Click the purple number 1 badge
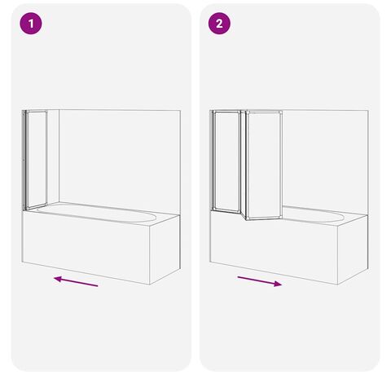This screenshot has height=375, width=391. (31, 24)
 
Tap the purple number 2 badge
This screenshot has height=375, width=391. (219, 24)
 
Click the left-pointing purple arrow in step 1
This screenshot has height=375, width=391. (76, 281)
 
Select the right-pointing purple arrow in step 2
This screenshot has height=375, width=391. (260, 281)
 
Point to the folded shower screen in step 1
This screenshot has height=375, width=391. (35, 160)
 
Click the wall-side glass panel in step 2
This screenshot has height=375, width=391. (226, 161)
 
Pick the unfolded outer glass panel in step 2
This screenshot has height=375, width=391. (264, 165)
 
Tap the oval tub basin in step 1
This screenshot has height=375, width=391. (96, 213)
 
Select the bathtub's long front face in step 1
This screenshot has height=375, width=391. (86, 248)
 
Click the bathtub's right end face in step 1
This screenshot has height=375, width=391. (165, 249)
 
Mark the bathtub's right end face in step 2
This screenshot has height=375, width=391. (353, 249)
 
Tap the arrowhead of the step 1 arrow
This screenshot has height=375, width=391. (58, 279)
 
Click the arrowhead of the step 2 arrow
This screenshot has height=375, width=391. (278, 284)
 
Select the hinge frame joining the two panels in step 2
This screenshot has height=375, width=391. (244, 165)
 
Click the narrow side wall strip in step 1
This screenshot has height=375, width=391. (53, 157)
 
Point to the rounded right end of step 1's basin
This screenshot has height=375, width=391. (152, 217)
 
